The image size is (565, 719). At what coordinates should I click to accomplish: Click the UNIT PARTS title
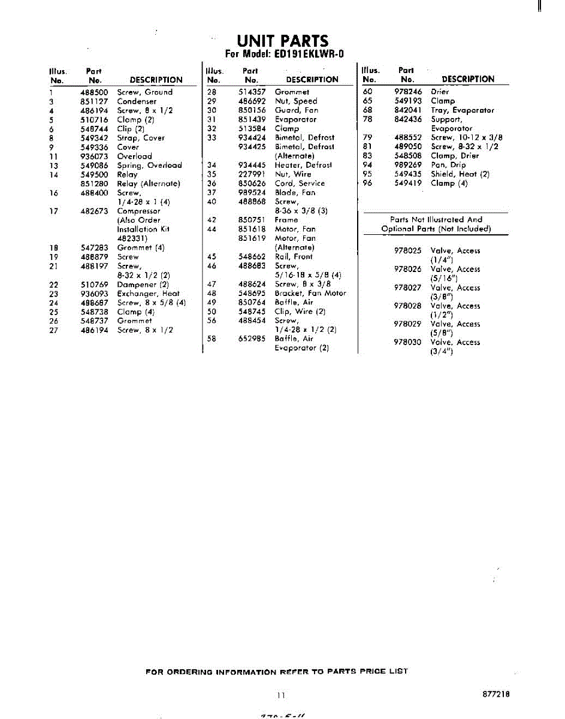pos(282,41)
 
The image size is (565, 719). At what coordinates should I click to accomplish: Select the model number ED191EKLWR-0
pos(309,54)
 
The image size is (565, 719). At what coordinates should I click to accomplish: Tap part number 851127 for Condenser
pos(94,101)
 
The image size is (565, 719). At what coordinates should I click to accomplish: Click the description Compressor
pos(138,211)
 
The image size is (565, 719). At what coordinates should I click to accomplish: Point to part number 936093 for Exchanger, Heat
pos(94,294)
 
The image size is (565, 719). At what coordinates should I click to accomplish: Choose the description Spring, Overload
pos(149,165)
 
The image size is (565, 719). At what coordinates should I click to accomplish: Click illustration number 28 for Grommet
pos(211,92)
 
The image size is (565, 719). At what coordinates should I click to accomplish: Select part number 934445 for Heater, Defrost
pos(252,165)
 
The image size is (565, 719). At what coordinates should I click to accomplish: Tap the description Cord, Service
pos(300,183)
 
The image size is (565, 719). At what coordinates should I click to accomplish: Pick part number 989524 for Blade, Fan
pos(252,192)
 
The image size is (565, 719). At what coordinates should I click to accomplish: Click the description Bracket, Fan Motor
pos(310,294)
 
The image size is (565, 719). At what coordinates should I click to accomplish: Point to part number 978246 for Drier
pos(408,92)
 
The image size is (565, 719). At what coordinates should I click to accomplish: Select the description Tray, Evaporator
pos(463,110)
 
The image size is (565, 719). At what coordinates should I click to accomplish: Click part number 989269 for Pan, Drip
pos(408,165)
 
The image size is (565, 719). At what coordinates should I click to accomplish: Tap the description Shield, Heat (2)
pos(460,174)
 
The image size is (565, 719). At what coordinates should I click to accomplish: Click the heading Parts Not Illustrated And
pos(436,220)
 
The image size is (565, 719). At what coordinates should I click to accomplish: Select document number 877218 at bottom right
pos(495,694)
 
